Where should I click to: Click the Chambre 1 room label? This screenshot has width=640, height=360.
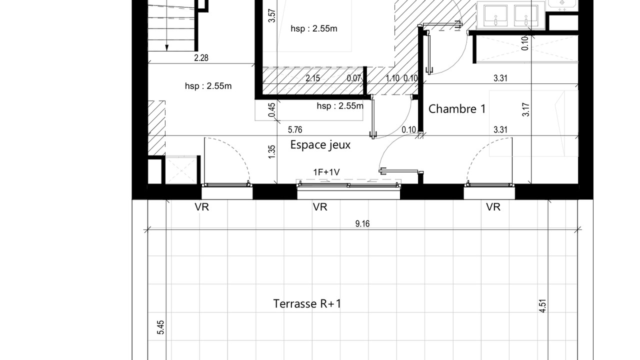(x=457, y=109)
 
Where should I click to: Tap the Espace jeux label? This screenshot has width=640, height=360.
(x=320, y=145)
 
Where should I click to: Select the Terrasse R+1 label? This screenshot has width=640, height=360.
(x=307, y=303)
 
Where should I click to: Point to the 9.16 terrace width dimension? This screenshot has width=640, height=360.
(x=362, y=223)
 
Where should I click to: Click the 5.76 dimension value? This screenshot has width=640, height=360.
(x=295, y=130)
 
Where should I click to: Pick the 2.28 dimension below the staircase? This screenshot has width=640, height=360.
(x=201, y=58)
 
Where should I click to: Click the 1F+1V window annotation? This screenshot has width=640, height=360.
(x=326, y=172)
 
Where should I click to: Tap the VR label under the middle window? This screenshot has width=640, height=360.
(x=320, y=207)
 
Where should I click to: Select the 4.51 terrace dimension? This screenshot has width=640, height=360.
(x=542, y=306)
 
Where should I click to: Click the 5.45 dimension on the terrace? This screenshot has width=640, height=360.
(x=160, y=327)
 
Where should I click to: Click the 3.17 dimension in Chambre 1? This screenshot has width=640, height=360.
(x=525, y=109)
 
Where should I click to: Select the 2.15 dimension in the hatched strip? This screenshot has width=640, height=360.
(x=313, y=78)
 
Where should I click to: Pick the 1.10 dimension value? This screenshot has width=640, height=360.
(x=392, y=78)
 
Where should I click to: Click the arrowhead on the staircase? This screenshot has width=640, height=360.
(x=167, y=47)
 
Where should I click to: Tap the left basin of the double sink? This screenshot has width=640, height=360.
(x=495, y=15)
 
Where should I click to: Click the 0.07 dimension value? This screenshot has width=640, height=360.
(x=353, y=78)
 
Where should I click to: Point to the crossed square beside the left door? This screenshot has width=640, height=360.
(x=181, y=170)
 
